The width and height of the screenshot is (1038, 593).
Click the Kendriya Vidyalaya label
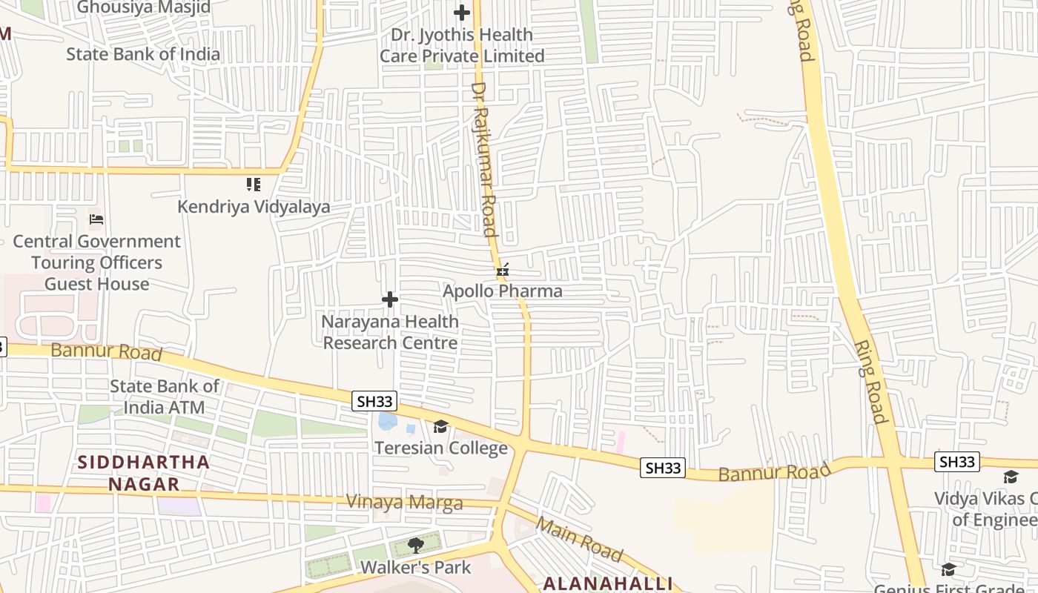pos(254,207)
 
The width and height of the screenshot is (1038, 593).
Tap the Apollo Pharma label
pos(502,291)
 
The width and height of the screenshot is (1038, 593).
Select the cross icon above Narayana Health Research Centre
pos(390,299)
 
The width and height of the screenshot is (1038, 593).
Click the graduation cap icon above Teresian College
pos(441,426)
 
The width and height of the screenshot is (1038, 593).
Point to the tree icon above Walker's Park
pos(415,546)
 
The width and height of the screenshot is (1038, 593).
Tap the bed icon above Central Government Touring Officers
pos(96,219)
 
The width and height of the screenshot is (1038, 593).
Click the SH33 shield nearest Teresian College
pos(374,402)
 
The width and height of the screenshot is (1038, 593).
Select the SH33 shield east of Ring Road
pos(956,462)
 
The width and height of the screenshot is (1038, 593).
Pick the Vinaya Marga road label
pos(404,503)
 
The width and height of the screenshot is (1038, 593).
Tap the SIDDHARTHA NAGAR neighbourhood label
pos(144,473)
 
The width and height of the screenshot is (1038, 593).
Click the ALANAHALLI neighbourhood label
pos(607,583)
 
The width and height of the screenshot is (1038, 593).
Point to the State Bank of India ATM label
pos(164,397)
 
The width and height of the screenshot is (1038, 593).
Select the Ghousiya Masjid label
pos(144,7)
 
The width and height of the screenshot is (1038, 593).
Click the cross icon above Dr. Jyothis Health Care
pos(462,13)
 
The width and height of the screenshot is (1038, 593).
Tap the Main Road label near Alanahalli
pos(580,538)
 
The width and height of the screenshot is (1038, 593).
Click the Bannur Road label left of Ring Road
pos(774,472)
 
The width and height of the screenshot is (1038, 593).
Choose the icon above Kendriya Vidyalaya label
pos(254,184)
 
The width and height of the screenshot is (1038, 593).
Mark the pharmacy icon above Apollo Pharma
pos(503,270)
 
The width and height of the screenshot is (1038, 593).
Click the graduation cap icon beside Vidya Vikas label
pos(1011,477)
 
